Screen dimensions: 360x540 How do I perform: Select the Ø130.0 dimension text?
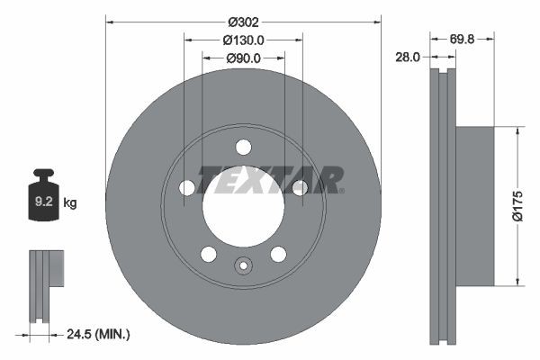[243, 40]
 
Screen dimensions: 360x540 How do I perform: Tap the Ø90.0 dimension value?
[243, 58]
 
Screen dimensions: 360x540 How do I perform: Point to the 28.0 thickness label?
[409, 57]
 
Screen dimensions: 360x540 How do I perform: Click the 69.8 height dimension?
[463, 40]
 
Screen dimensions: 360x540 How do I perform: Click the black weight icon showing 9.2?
[43, 194]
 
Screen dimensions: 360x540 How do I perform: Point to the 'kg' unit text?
[70, 203]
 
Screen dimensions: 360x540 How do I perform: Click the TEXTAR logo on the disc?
[270, 179]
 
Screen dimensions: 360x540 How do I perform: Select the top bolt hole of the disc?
[243, 147]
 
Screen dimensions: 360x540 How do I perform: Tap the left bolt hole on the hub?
[187, 187]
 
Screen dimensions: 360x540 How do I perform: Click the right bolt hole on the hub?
[299, 187]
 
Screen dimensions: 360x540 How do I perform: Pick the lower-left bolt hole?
[209, 254]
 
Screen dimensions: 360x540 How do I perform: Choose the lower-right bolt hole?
[278, 254]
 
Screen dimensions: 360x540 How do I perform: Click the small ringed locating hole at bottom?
[243, 265]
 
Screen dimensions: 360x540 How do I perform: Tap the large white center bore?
[243, 207]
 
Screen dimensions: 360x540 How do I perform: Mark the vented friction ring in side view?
[440, 206]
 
